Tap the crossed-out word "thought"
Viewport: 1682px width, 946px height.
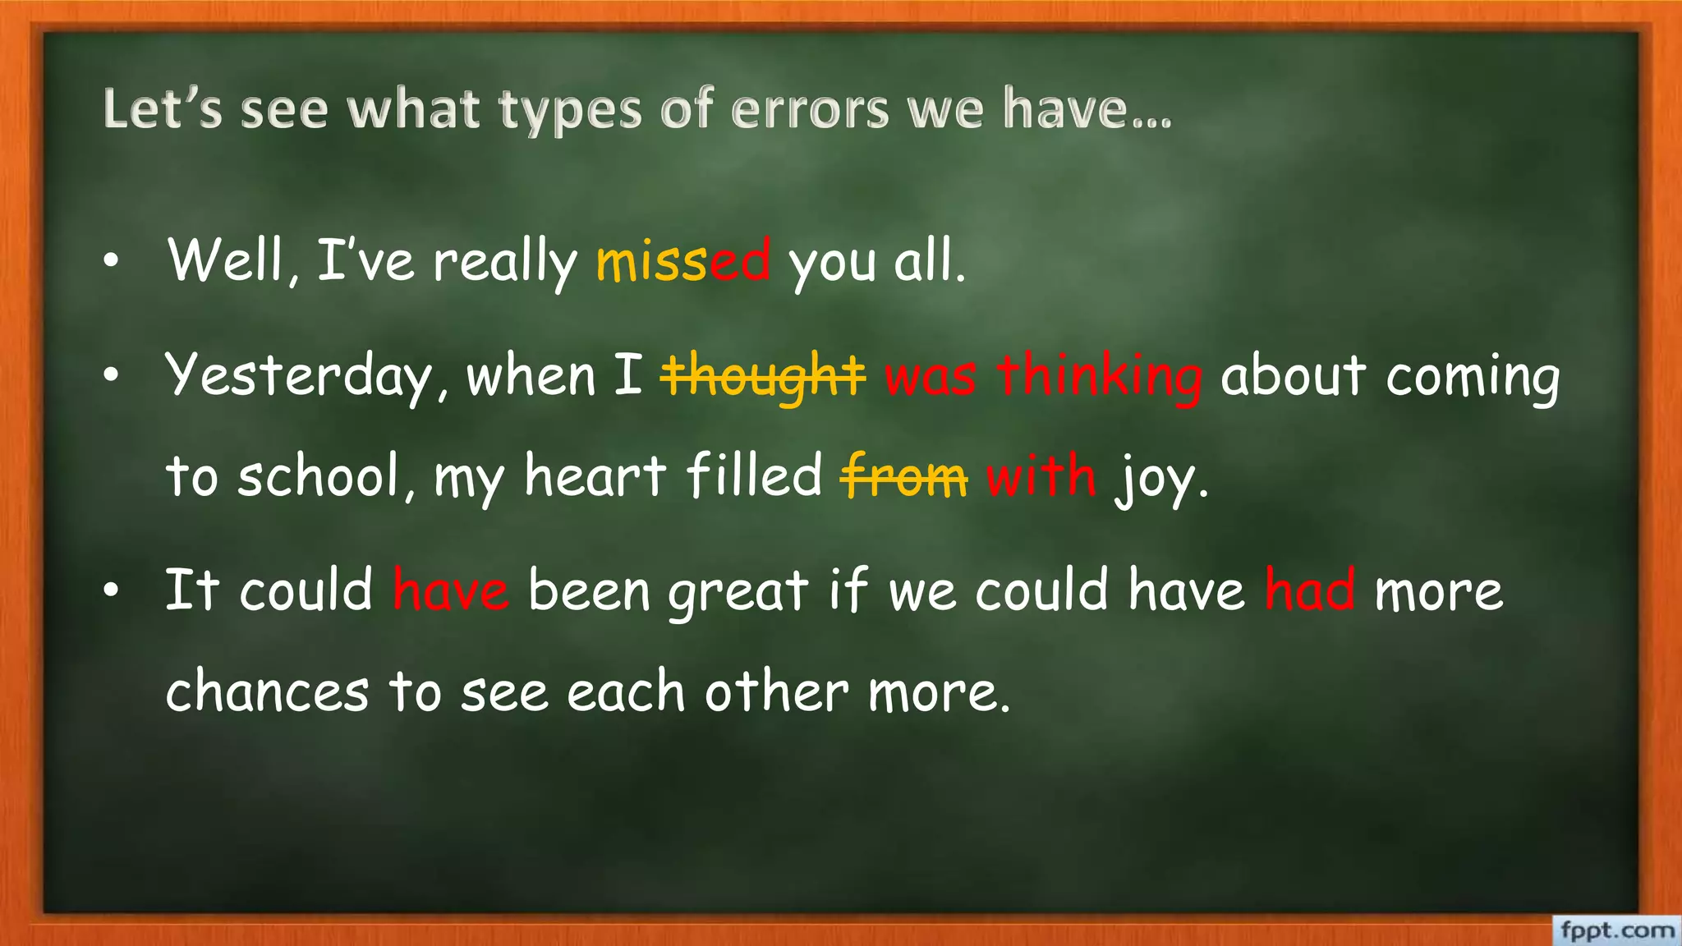tap(763, 375)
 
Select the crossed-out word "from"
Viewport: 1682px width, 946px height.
tap(903, 476)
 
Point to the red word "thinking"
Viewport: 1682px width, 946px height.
tap(1100, 376)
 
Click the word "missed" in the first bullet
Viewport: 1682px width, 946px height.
tap(683, 261)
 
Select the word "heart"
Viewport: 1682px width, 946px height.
tap(595, 475)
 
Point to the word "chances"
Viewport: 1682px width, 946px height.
tap(267, 691)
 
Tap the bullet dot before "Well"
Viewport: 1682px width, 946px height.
tap(112, 261)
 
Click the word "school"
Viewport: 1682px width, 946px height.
tap(321, 475)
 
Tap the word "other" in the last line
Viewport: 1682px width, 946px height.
tap(776, 691)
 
